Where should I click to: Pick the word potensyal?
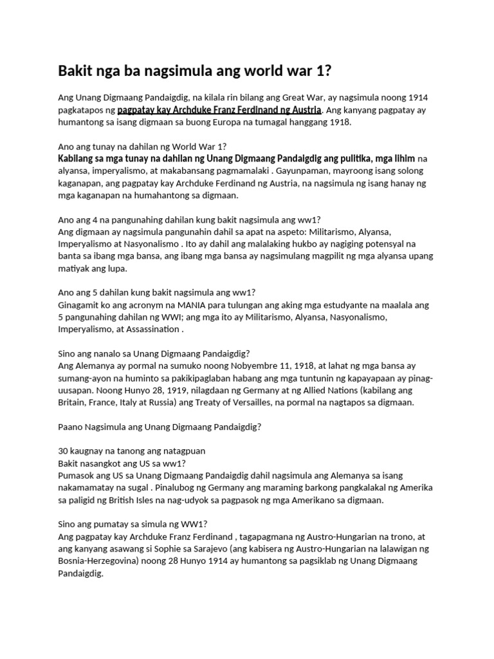tap(393, 244)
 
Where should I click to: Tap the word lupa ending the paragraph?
tap(117, 268)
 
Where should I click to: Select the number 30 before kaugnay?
tap(64, 451)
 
